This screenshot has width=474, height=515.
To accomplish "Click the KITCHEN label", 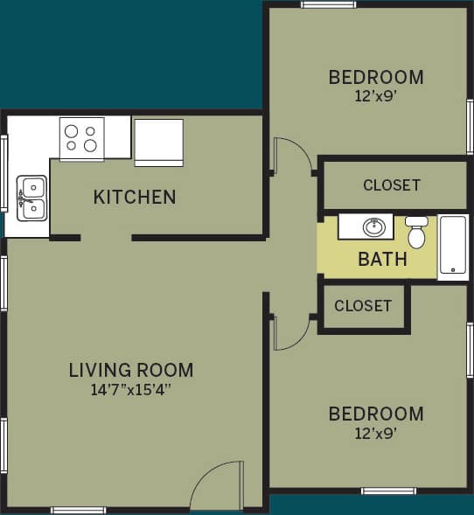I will point(135,197).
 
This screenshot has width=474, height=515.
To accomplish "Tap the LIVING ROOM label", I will point(131,370).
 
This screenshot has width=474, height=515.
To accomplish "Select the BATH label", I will point(382,260).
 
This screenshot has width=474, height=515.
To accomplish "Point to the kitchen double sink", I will point(32,198).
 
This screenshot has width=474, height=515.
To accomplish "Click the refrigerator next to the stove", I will point(158,142).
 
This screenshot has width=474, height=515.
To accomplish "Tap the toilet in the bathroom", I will point(417,233).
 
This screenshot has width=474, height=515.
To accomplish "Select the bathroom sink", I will point(373,227).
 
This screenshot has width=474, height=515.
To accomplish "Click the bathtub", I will point(453,247).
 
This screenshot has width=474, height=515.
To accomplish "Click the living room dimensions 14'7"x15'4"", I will point(131,390).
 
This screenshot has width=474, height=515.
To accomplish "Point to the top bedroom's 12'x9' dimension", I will point(376,96).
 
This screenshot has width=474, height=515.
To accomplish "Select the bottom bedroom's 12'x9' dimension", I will point(376,433).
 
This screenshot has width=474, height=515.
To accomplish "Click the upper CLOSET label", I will point(392,185).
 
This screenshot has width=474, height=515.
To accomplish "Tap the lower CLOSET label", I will point(363,306).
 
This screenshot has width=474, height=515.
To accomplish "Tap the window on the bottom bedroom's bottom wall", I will point(388,491).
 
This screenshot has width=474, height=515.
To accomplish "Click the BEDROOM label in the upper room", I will point(376,77).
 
